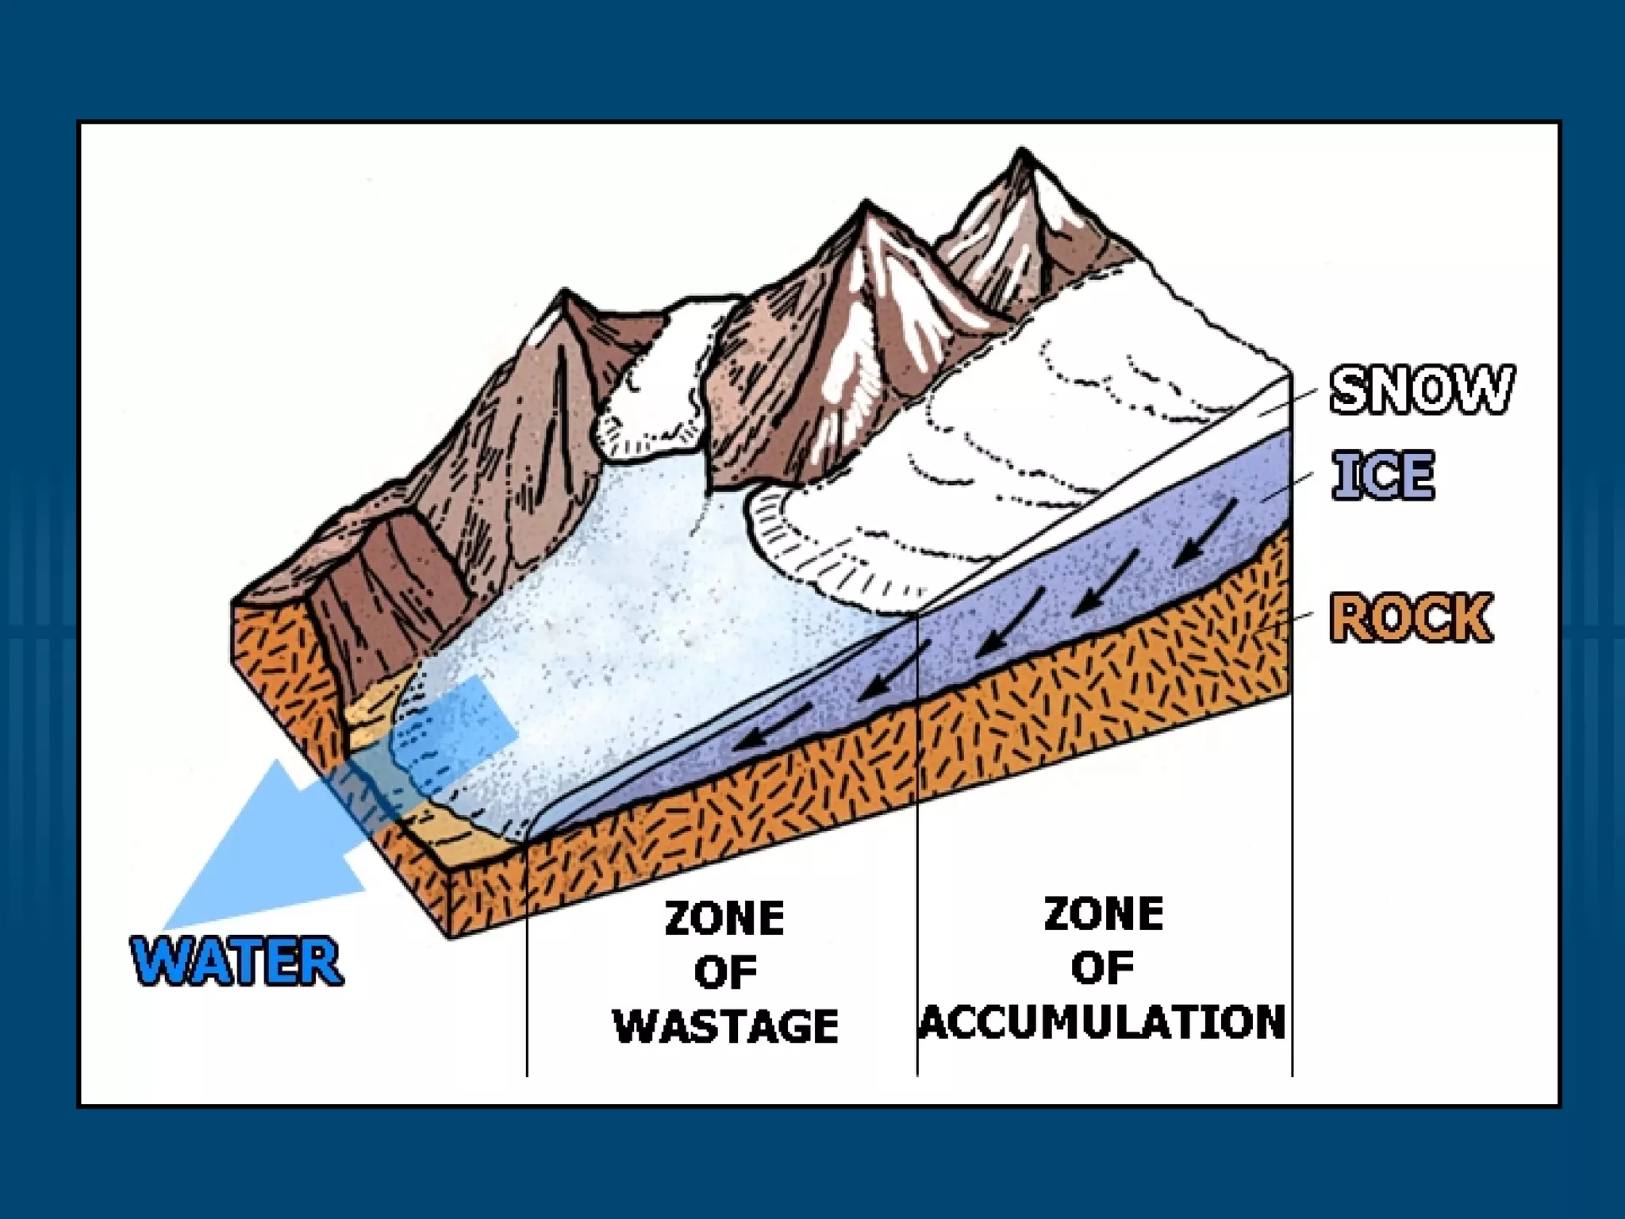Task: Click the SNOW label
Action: coord(1421,390)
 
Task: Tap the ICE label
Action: coord(1383,475)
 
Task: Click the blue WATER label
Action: coord(236,962)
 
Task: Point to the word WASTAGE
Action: coord(726,1025)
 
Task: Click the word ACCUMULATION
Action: coord(1103,1021)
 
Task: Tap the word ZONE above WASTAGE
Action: coord(724,919)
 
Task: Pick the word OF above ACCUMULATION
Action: coord(1103,967)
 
